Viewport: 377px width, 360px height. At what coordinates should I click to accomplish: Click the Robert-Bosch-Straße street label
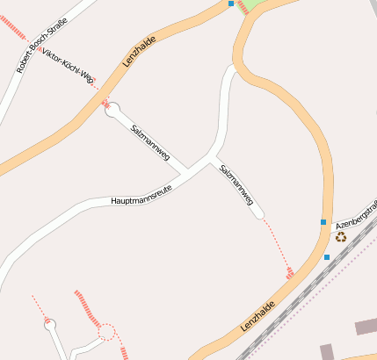pyautogui.click(x=34, y=46)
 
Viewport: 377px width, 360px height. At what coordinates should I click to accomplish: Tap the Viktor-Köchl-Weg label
pyautogui.click(x=69, y=66)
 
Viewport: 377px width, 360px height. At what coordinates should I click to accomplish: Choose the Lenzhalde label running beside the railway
pyautogui.click(x=256, y=318)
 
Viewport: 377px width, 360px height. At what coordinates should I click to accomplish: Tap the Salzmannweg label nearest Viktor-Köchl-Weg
pyautogui.click(x=149, y=140)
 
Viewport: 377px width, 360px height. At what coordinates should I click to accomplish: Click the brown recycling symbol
pyautogui.click(x=340, y=235)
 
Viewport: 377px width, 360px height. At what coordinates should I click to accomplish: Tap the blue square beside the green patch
pyautogui.click(x=231, y=4)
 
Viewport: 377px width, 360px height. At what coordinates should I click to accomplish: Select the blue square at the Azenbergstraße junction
pyautogui.click(x=323, y=222)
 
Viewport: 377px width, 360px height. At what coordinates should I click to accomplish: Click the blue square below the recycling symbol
pyautogui.click(x=327, y=256)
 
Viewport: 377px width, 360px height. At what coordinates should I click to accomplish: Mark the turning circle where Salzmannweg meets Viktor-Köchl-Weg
pyautogui.click(x=112, y=109)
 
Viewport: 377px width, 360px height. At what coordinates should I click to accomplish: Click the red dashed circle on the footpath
pyautogui.click(x=106, y=332)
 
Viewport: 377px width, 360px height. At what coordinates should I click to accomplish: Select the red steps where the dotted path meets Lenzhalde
pyautogui.click(x=290, y=274)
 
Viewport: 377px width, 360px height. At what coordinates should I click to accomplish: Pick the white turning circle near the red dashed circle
pyautogui.click(x=49, y=325)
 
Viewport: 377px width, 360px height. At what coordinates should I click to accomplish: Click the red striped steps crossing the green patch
pyautogui.click(x=243, y=6)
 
